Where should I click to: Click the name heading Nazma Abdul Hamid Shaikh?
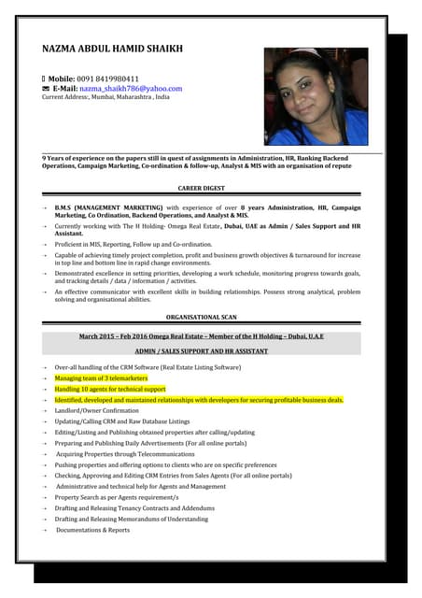coord(112,49)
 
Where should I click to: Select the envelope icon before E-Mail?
coord(46,89)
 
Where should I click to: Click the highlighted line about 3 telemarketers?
coord(101,377)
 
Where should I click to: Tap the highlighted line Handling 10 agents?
coord(110,389)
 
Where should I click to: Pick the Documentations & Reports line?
coord(93,530)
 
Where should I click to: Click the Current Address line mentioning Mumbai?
coord(106,97)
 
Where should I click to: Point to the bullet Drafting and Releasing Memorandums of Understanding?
coord(131,519)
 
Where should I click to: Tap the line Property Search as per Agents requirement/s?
coord(117,497)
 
